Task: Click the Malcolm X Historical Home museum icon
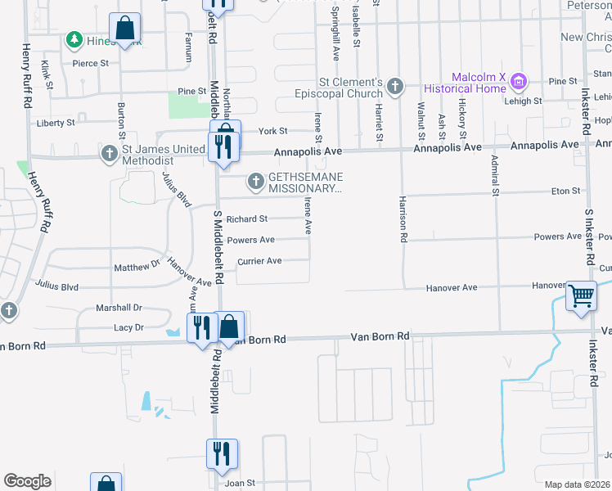517,82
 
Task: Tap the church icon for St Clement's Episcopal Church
395,86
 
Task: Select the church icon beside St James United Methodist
109,153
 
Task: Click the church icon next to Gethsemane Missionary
256,182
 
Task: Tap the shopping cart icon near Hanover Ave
581,295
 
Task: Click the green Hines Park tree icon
74,39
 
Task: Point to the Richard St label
247,219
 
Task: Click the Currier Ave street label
259,261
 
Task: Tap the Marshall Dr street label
119,308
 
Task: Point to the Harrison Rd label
403,219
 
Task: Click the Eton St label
565,191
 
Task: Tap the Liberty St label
56,123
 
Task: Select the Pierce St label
90,63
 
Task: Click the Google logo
28,481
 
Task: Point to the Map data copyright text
578,484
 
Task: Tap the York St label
272,131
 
